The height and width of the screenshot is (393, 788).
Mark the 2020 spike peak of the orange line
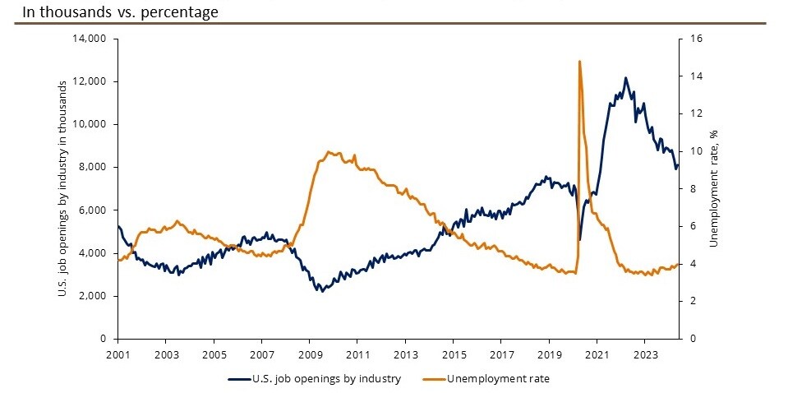[580, 61]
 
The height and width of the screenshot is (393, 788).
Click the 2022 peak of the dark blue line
[626, 78]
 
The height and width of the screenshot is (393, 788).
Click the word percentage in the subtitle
[179, 12]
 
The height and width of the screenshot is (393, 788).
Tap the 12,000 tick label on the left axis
[93, 81]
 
